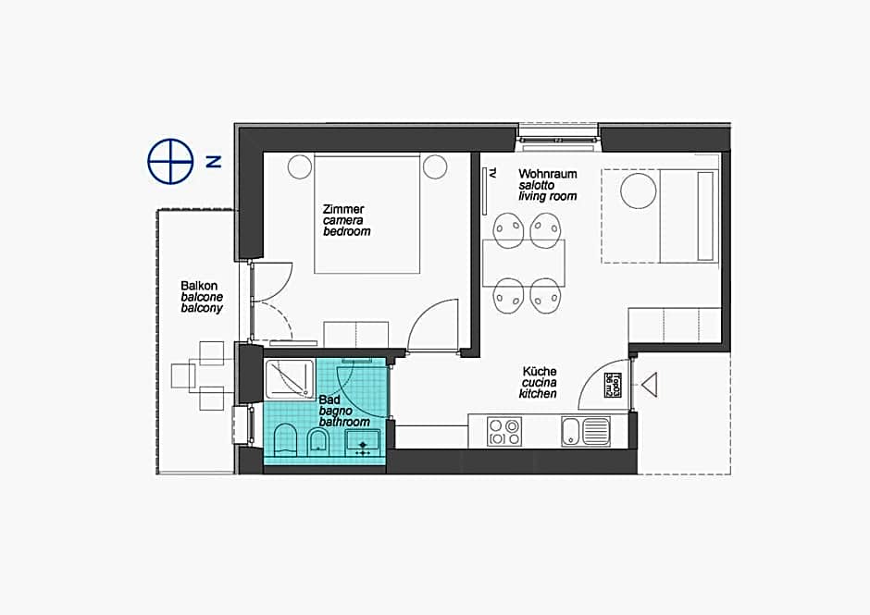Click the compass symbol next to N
(170, 161)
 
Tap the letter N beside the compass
(214, 161)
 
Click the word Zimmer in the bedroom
(343, 209)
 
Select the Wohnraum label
(548, 174)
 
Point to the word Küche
(540, 371)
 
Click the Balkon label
(199, 286)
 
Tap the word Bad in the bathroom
(329, 400)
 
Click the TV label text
(493, 173)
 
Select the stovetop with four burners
(504, 431)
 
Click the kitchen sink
(585, 431)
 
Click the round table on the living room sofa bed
(639, 191)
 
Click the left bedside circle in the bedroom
(299, 167)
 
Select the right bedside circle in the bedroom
(435, 167)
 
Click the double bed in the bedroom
(368, 215)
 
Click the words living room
(548, 197)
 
